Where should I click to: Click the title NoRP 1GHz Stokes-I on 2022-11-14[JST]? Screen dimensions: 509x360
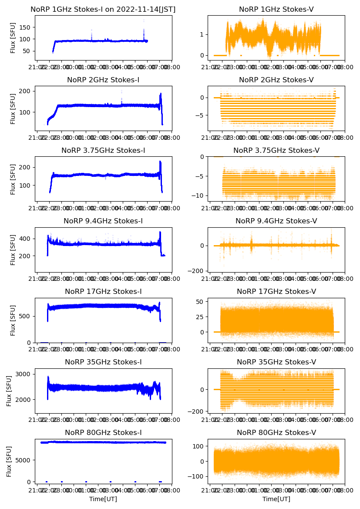point(103,9)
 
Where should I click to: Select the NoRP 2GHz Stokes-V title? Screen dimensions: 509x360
point(276,80)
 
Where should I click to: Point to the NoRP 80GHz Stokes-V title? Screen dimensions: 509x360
point(276,432)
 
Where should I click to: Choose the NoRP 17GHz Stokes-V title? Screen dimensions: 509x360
point(276,291)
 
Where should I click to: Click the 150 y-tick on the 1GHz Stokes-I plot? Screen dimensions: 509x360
point(25,27)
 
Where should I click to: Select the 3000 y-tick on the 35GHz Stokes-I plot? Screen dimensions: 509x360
point(24,374)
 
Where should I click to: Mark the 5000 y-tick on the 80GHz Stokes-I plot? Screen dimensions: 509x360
point(24,460)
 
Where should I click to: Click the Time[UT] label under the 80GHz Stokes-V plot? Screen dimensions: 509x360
point(276,499)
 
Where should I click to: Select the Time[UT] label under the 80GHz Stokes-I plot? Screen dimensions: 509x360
point(103,499)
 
